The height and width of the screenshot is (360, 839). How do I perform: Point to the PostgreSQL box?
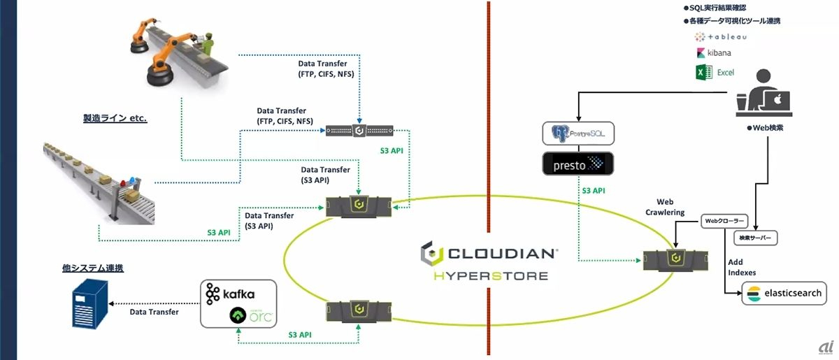(x=578, y=133)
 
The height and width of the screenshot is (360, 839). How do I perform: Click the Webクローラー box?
(x=723, y=222)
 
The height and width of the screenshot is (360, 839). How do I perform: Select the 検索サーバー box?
(x=756, y=238)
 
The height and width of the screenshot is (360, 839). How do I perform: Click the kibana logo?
(x=713, y=53)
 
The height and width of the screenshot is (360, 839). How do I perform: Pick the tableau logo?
(x=717, y=36)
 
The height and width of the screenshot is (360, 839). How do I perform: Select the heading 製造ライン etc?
(x=115, y=118)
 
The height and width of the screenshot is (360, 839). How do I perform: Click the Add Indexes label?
(x=743, y=267)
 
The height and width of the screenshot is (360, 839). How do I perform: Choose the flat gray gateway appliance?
(x=359, y=131)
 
